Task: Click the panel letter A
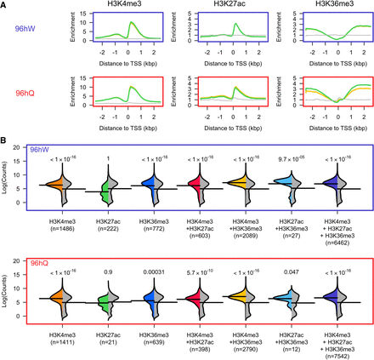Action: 5,5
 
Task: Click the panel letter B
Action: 5,138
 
